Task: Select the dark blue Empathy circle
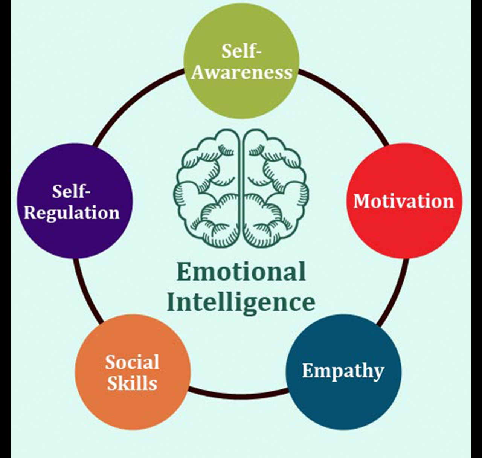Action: (x=343, y=399)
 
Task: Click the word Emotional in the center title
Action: (x=241, y=272)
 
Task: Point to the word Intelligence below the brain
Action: (x=241, y=302)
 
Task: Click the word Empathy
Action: (x=343, y=371)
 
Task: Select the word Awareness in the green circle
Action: (x=242, y=72)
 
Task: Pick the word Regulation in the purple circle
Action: (x=72, y=212)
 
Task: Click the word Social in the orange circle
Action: (x=132, y=362)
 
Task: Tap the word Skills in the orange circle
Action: (x=132, y=383)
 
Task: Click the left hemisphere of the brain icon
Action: (x=207, y=188)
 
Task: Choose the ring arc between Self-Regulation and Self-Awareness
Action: (x=136, y=102)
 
